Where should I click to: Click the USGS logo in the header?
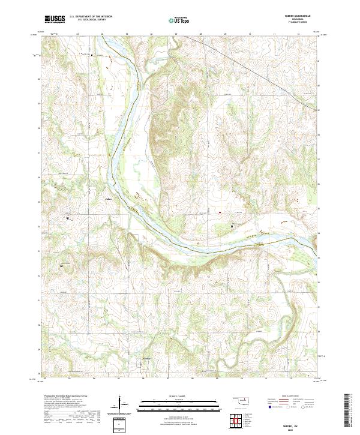click(x=55, y=19)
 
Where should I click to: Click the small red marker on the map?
click(x=220, y=212)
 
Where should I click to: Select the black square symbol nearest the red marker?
click(x=232, y=226)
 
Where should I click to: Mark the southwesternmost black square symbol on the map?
click(x=61, y=265)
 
